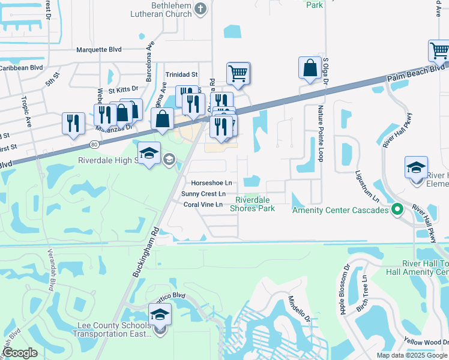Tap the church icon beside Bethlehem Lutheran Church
click(x=201, y=8)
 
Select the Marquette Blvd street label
click(x=100, y=50)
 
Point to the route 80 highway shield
click(x=94, y=144)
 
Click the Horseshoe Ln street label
click(x=211, y=182)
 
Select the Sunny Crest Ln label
click(x=204, y=194)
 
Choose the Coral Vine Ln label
click(x=203, y=205)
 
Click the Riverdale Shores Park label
click(x=255, y=204)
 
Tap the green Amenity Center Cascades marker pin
click(x=396, y=209)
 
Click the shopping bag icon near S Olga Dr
click(x=310, y=68)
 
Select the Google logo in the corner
click(x=20, y=353)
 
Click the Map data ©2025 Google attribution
click(x=412, y=355)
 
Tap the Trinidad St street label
click(x=182, y=74)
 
